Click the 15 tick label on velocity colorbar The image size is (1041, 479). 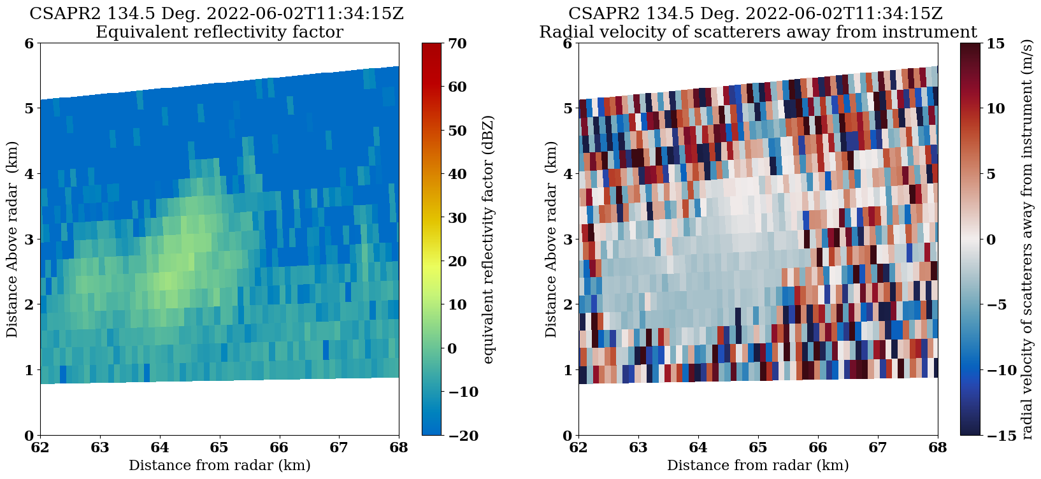[x=996, y=43]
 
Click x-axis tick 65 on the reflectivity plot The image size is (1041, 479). [x=220, y=448]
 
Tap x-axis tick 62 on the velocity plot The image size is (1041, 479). [x=578, y=448]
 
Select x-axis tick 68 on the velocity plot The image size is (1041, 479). [x=938, y=448]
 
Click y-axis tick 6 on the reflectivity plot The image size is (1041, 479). [x=28, y=43]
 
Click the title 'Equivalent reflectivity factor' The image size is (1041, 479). [x=219, y=32]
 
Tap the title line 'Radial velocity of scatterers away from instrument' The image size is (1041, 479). [x=757, y=32]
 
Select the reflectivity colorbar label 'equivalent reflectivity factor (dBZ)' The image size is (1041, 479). [x=489, y=240]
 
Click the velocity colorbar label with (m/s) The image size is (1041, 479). [x=1026, y=240]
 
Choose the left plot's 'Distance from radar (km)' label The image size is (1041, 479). [x=219, y=466]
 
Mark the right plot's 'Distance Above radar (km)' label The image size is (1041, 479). [x=551, y=240]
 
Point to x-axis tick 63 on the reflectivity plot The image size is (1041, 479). [x=100, y=448]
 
